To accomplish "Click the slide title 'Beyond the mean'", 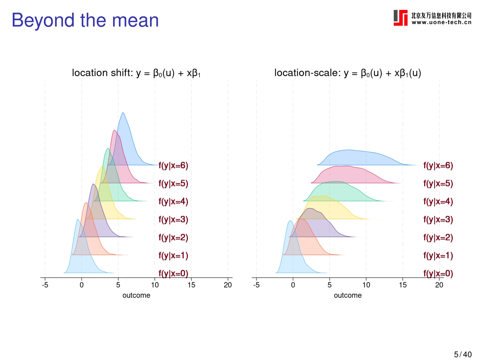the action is (85, 20).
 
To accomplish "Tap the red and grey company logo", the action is (400, 18).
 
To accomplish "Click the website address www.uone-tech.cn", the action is (441, 22).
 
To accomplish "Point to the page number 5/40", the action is (463, 354).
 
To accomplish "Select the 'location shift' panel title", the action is (136, 73).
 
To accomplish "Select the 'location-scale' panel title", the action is (348, 73).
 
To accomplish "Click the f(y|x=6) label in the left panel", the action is (173, 166).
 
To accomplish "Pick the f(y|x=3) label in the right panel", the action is (438, 219).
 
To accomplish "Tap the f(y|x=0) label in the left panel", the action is (173, 273).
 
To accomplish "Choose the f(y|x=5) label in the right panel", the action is (438, 184).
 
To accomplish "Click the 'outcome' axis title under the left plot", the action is (136, 295).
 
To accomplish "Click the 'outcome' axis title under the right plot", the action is (348, 295).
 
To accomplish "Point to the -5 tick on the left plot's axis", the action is (45, 285).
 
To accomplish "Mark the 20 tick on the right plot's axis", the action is (439, 285).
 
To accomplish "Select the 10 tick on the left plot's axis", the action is (155, 285).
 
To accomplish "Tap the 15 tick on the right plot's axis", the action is (403, 285).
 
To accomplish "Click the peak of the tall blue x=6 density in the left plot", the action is (123, 113).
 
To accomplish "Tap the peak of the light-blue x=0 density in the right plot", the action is (290, 221).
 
